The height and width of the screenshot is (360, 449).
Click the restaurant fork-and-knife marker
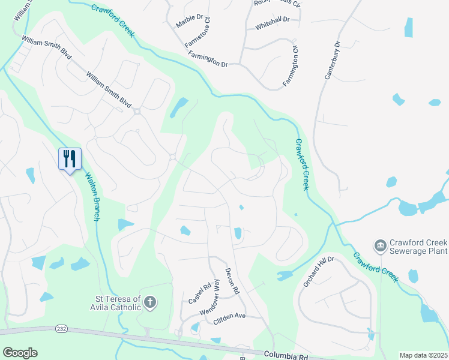click(70, 159)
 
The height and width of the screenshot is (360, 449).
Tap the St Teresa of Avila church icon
click(150, 303)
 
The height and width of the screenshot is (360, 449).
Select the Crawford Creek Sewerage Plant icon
click(379, 245)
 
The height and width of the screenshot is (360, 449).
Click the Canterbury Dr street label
click(331, 60)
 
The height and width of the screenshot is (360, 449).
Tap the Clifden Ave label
click(230, 316)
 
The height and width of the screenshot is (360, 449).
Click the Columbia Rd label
click(285, 356)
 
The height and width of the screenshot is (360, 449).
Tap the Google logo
click(20, 353)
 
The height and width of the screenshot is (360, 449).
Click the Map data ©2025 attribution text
click(423, 355)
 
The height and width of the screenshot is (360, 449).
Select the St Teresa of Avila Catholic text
click(118, 303)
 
